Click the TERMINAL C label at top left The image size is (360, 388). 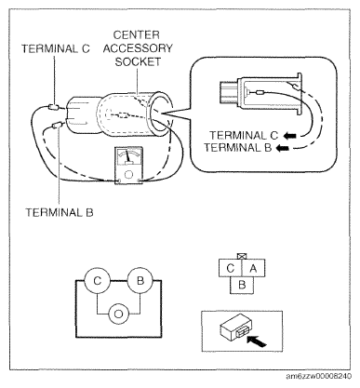(x=56, y=48)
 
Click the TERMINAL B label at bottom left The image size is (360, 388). (x=60, y=212)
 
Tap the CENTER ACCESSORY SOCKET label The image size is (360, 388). (x=138, y=48)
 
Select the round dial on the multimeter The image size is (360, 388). (x=128, y=174)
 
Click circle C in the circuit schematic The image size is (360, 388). (x=98, y=281)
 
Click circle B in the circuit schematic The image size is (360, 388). (x=140, y=281)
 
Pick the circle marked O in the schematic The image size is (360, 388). (x=119, y=314)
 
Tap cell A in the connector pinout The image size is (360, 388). (x=253, y=268)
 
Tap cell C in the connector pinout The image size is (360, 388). (x=231, y=268)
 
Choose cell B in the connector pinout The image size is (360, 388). (x=242, y=285)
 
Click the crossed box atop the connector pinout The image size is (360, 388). (x=242, y=256)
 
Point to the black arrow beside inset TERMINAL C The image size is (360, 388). (x=290, y=136)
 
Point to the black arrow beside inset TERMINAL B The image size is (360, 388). (x=283, y=148)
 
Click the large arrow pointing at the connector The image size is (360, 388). (x=257, y=341)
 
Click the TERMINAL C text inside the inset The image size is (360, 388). (x=244, y=136)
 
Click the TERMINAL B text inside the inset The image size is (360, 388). (x=238, y=148)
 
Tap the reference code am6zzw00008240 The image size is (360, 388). (x=319, y=376)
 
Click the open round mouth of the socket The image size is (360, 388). (x=160, y=116)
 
